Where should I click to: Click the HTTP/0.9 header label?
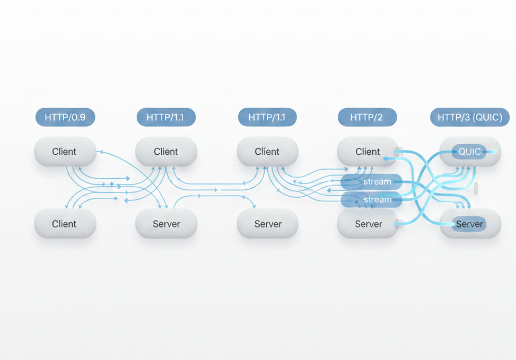[x=65, y=117]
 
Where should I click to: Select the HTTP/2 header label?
[x=367, y=117]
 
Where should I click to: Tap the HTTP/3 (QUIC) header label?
[x=469, y=117]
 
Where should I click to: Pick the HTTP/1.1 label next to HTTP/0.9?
[x=166, y=117]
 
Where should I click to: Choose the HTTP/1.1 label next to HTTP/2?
[x=267, y=117]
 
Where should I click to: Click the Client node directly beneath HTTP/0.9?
[x=65, y=152]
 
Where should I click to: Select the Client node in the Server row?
[x=65, y=224]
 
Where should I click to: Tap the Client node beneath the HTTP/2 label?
[x=368, y=152]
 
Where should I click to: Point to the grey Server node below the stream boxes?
[x=368, y=224]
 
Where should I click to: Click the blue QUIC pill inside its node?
[x=469, y=152]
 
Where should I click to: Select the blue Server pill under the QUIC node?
[x=469, y=224]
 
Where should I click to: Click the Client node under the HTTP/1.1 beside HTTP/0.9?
[x=166, y=152]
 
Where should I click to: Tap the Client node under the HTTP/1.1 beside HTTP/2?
[x=267, y=152]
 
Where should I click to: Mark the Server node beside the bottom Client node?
[x=166, y=224]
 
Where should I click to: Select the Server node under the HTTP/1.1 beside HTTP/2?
[x=267, y=224]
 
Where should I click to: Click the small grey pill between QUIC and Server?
[x=476, y=188]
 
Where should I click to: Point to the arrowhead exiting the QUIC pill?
[x=494, y=152]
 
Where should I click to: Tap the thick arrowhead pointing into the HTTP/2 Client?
[x=386, y=158]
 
